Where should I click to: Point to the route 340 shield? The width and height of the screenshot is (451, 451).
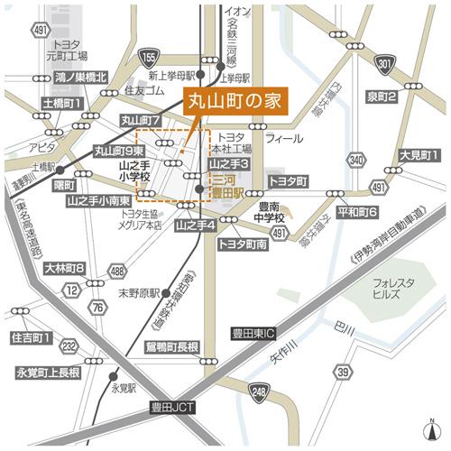point(357,160)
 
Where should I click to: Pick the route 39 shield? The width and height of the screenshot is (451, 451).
point(343,373)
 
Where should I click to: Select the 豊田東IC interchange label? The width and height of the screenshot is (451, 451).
point(255,332)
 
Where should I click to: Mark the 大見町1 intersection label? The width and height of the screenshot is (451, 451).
point(419,155)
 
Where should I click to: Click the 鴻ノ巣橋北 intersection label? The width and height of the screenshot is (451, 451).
point(80,78)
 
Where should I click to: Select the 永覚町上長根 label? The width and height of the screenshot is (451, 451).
point(49,372)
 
